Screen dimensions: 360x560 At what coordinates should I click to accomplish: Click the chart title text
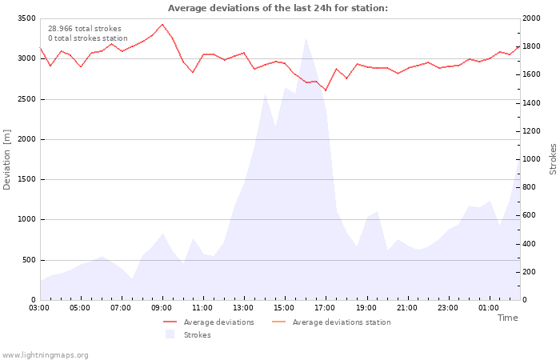pyautogui.click(x=278, y=8)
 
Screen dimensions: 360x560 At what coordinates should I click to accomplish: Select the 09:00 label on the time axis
pyautogui.click(x=162, y=308)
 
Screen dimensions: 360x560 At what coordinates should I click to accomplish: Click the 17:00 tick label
pyautogui.click(x=325, y=308)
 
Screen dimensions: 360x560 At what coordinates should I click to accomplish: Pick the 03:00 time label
pyautogui.click(x=39, y=308)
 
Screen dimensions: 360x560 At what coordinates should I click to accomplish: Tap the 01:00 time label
pyautogui.click(x=488, y=308)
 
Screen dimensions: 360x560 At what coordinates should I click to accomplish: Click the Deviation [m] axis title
pyautogui.click(x=7, y=159)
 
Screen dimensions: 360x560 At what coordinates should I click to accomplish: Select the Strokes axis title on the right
pyautogui.click(x=553, y=159)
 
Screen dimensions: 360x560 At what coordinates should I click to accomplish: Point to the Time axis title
pyautogui.click(x=507, y=318)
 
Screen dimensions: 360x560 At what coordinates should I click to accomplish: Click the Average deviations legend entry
pyautogui.click(x=218, y=322)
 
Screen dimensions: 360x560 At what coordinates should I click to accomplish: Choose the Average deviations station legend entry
pyautogui.click(x=341, y=322)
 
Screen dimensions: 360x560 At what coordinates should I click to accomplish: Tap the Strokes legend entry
pyautogui.click(x=197, y=335)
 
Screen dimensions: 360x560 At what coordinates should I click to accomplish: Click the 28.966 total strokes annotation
pyautogui.click(x=85, y=29)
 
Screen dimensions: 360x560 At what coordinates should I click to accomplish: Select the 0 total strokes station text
pyautogui.click(x=87, y=38)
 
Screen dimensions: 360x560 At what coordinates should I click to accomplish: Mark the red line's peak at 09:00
pyautogui.click(x=162, y=24)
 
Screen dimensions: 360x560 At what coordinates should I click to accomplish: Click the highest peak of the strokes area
pyautogui.click(x=305, y=38)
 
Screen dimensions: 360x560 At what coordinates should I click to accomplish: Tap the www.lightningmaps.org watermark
pyautogui.click(x=46, y=355)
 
